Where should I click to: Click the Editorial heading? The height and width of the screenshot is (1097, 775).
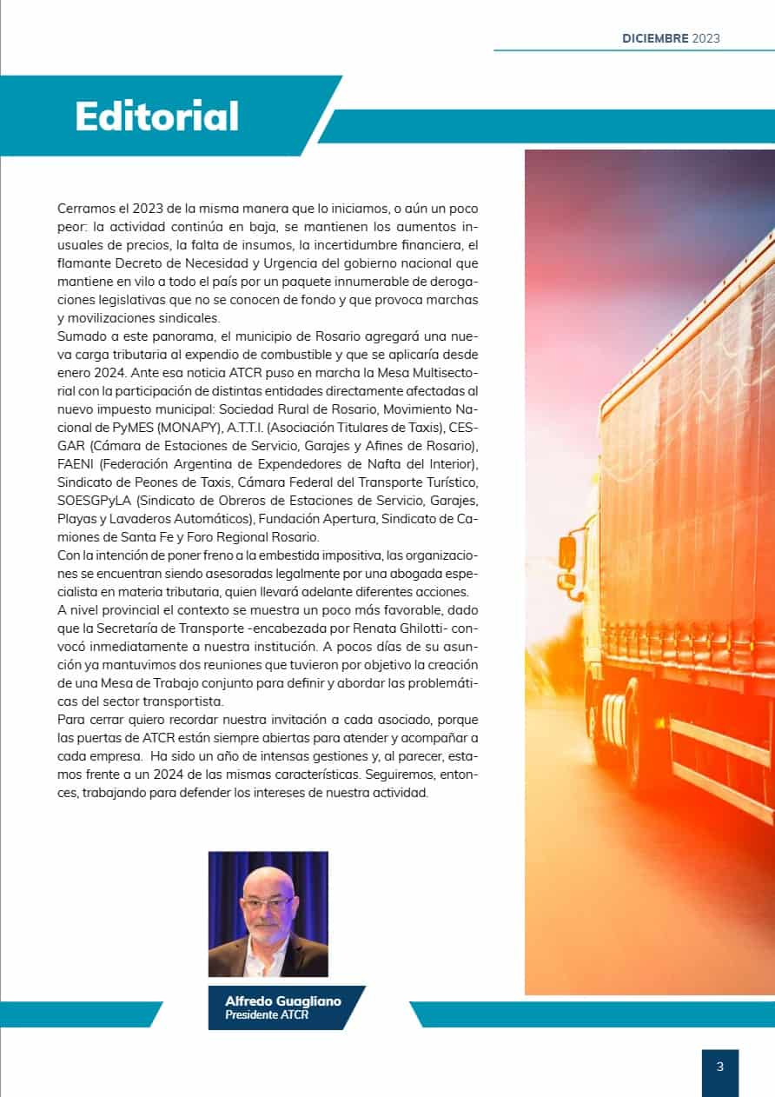156,116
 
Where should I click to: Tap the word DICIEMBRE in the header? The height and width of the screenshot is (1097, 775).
655,38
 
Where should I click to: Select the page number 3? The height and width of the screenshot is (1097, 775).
719,1067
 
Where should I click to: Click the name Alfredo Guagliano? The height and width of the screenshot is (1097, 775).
283,1001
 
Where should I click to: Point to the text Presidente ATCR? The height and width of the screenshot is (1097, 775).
267,1014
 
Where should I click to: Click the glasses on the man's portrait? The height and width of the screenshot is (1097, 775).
267,904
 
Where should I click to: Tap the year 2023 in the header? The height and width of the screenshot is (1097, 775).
706,38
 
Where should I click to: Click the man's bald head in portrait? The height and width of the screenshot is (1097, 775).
268,880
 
